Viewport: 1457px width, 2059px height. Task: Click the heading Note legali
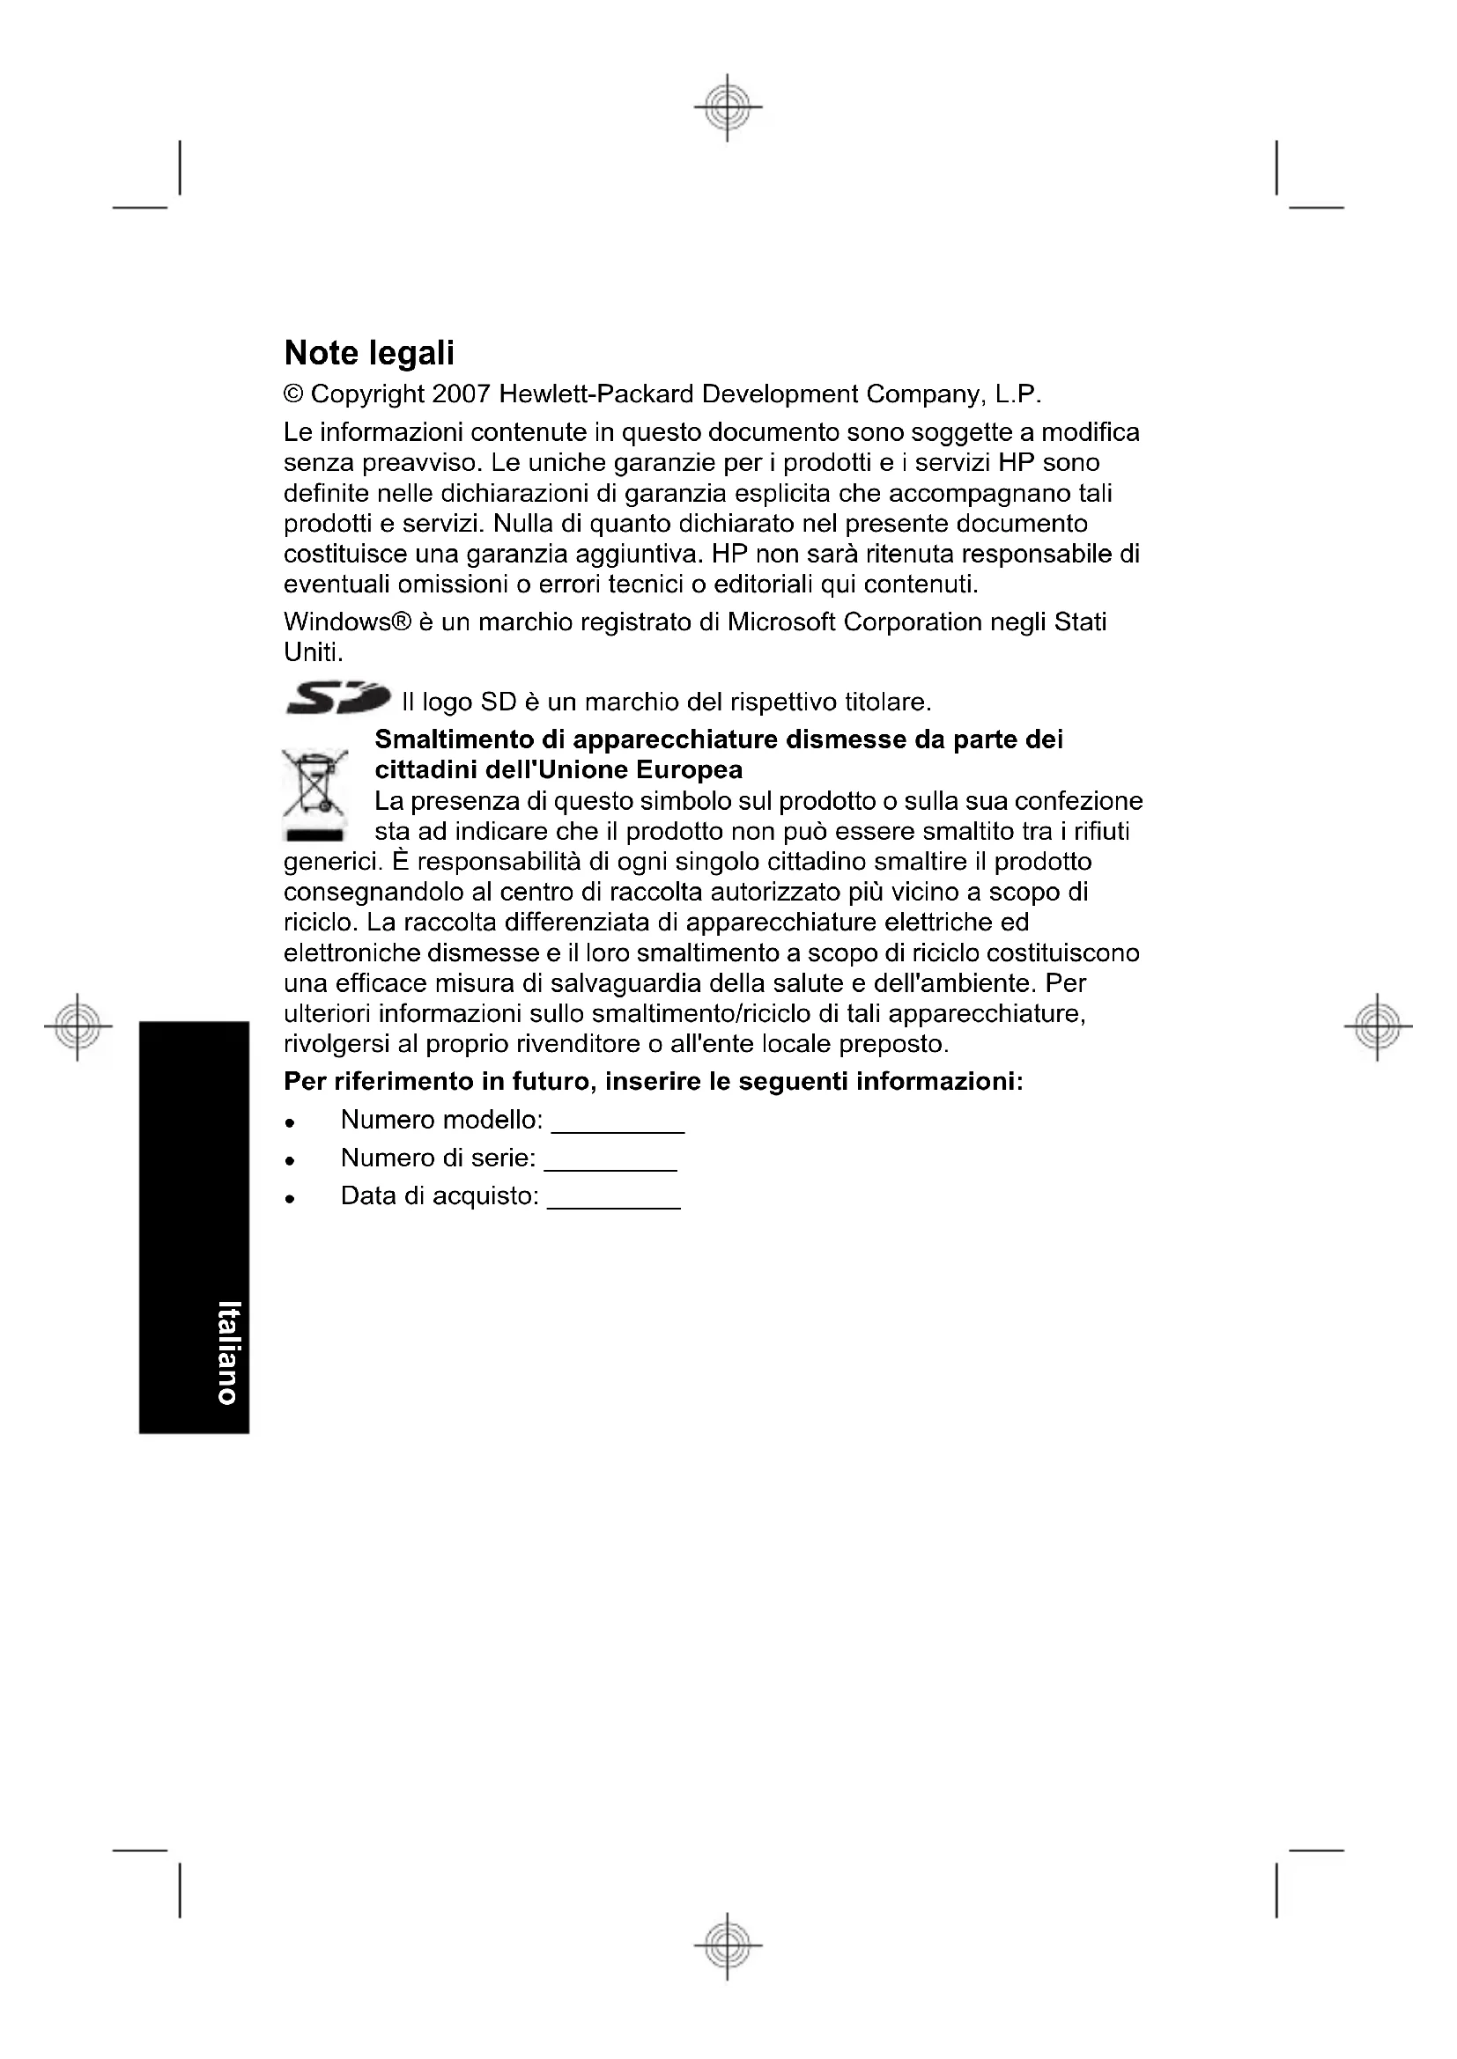tap(369, 353)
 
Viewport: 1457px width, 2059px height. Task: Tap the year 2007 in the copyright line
tap(460, 394)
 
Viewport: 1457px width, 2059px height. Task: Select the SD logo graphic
tap(337, 697)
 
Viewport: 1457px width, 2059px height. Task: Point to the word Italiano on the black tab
tap(229, 1351)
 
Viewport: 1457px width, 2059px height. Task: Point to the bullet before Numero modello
tap(290, 1122)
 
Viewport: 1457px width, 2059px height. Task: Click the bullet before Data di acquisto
tap(290, 1198)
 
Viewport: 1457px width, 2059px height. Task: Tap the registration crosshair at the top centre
tap(728, 107)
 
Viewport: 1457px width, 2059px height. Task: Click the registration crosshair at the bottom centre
tap(728, 1946)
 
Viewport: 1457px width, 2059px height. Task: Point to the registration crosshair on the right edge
tap(1378, 1026)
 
